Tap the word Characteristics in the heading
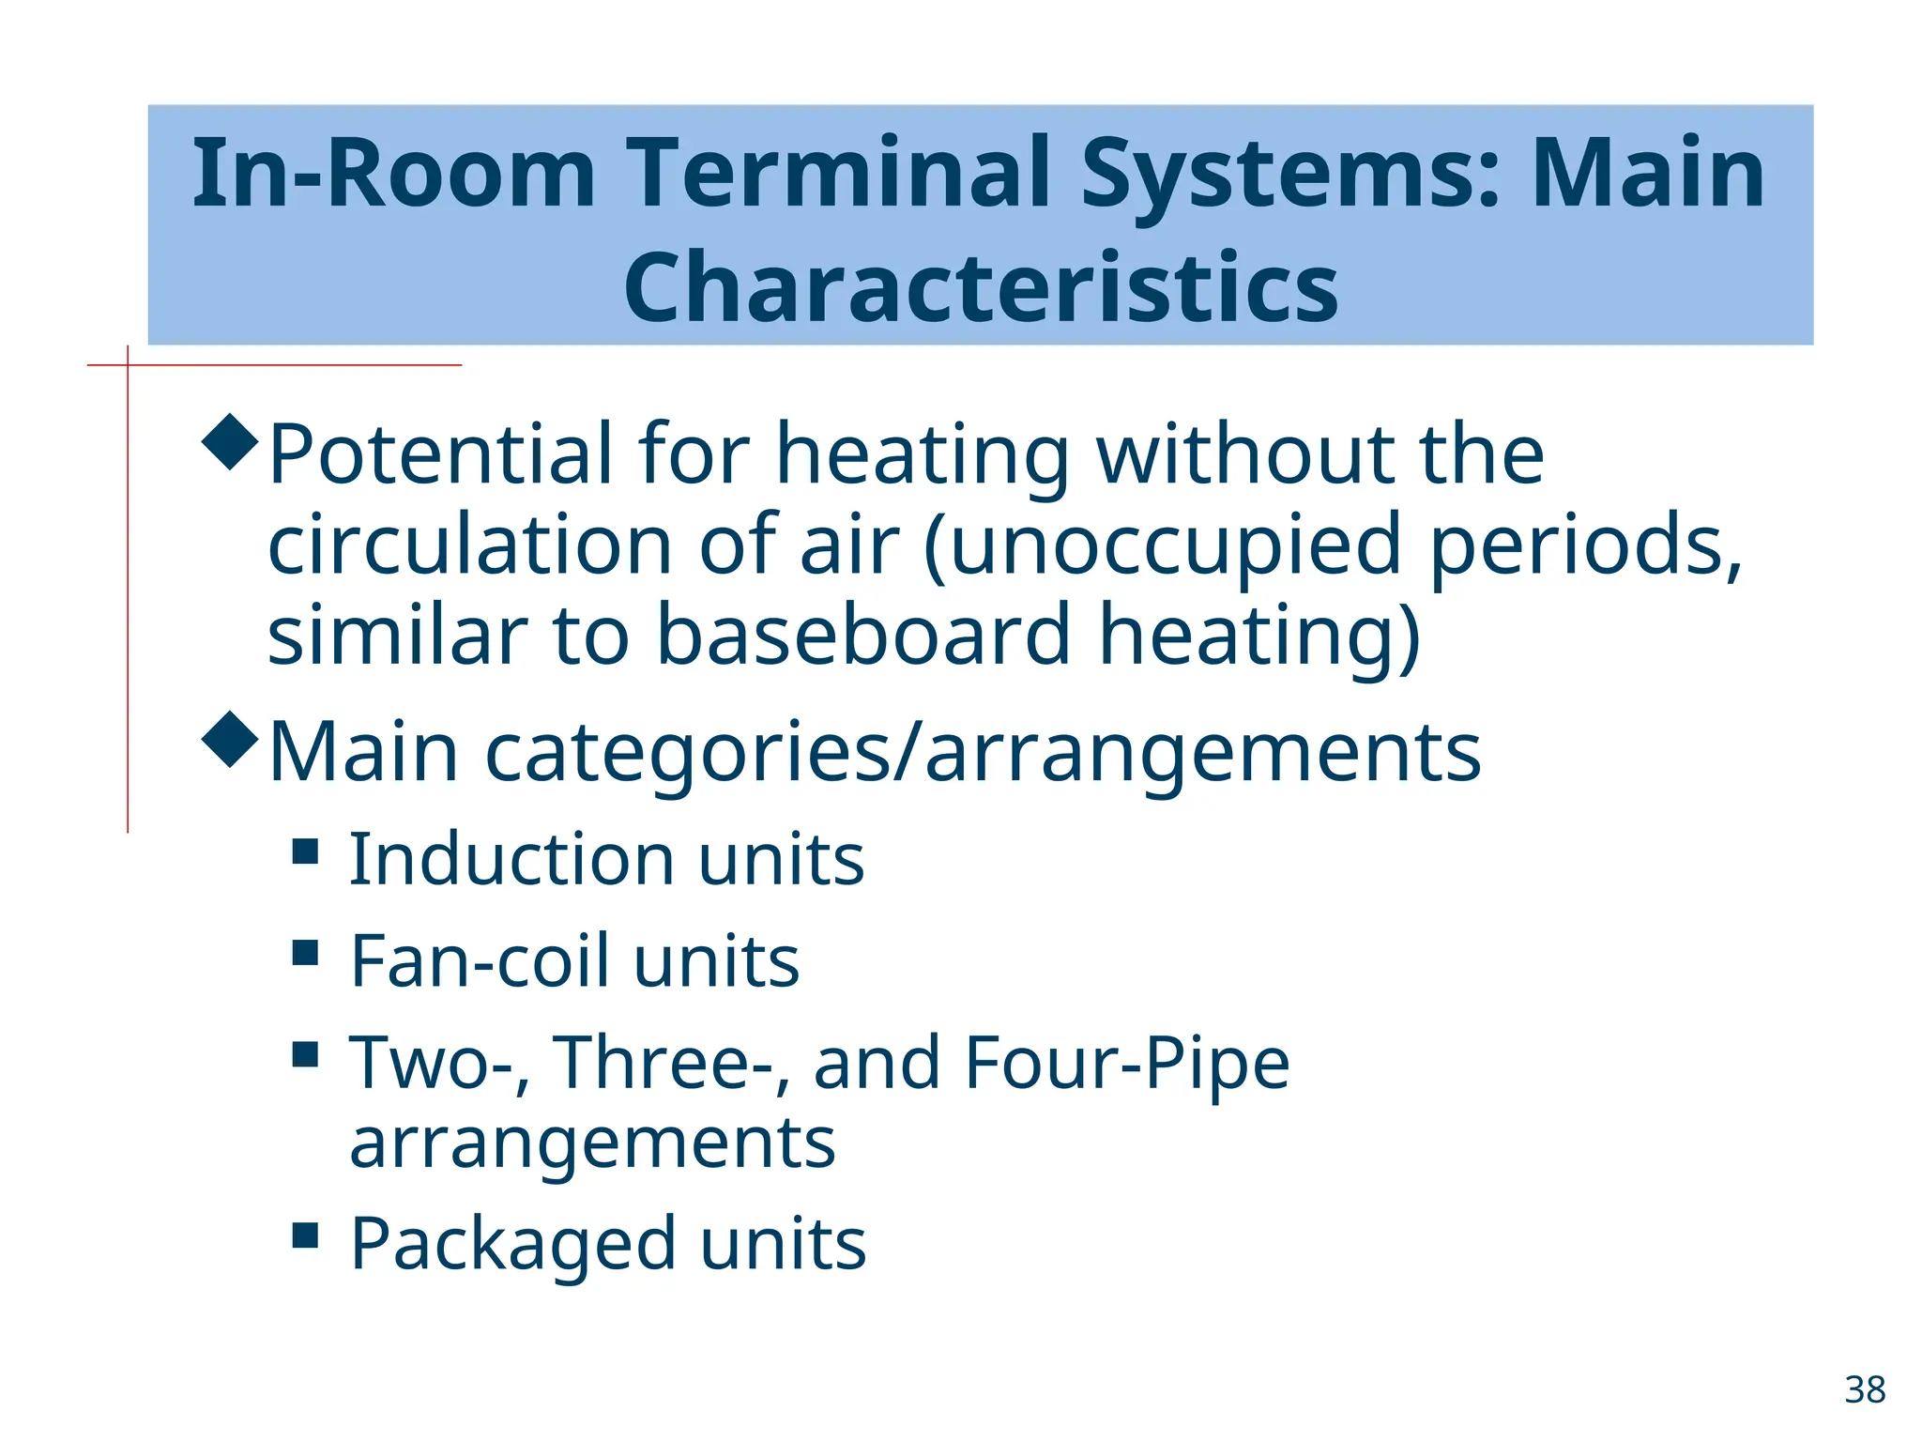981,287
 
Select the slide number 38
1865,1389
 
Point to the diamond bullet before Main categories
230,740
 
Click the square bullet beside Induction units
305,851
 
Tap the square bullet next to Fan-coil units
305,953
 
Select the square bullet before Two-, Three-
305,1055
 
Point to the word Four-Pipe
1127,1063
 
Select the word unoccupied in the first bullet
1174,545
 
